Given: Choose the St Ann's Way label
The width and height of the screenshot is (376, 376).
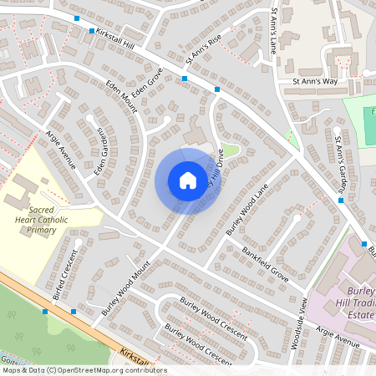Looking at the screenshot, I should [313, 82].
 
